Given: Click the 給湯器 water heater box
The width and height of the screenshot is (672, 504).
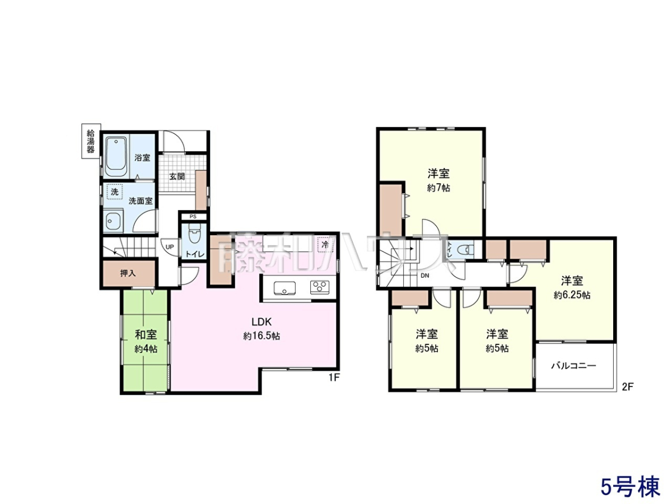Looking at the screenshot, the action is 91,141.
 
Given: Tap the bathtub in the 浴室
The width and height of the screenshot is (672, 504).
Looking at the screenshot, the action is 116,157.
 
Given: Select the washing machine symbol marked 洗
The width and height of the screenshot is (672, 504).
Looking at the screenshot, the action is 114,192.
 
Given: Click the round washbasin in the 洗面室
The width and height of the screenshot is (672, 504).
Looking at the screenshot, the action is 111,220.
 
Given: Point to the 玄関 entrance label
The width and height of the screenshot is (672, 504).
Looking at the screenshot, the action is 177,176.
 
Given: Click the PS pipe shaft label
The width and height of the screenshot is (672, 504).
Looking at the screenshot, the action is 193,217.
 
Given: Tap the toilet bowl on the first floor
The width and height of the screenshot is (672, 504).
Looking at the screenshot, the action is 193,233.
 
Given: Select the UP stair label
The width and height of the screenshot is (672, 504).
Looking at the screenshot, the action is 170,246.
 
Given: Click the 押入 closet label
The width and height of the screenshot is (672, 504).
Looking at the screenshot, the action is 128,273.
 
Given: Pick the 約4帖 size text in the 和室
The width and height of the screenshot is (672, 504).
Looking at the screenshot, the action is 146,348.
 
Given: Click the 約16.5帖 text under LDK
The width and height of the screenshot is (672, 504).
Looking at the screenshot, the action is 262,336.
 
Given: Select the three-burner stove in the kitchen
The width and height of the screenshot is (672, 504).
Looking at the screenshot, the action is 320,287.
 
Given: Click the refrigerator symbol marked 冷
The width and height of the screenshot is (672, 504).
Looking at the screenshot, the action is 325,245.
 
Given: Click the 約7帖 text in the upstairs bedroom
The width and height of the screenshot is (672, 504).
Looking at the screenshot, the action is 438,188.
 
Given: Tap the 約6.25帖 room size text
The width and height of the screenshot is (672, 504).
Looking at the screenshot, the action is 572,295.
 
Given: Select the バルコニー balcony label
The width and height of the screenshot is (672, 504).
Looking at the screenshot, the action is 574,365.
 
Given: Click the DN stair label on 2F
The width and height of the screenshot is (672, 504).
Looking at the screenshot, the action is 424,276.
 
